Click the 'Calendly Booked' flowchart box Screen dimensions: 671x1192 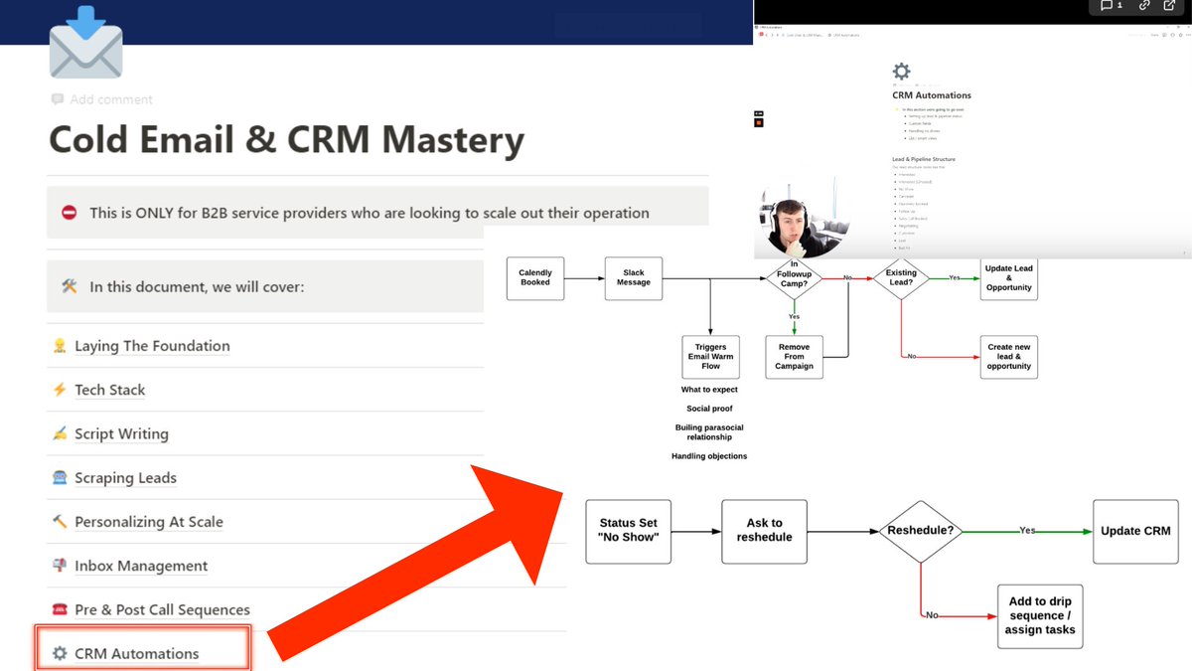535,277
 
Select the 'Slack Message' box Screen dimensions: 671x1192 634,277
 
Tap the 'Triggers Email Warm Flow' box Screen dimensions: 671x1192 710,357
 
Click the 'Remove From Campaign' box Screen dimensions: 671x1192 794,357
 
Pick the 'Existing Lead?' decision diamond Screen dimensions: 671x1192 901,278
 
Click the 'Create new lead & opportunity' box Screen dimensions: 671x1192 1009,357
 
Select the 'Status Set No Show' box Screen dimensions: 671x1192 628,531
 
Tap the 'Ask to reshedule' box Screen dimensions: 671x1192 764,531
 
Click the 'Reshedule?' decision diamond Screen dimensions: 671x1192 920,531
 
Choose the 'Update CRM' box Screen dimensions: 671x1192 1135,531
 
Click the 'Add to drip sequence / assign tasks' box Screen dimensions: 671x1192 1039,615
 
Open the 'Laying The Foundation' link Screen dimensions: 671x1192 152,346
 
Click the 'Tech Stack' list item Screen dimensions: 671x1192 109,390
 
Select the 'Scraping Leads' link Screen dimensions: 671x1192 125,478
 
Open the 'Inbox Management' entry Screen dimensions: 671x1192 141,566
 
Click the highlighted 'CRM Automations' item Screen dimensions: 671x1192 136,653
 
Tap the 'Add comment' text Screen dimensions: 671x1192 110,99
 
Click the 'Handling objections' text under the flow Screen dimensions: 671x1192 709,456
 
